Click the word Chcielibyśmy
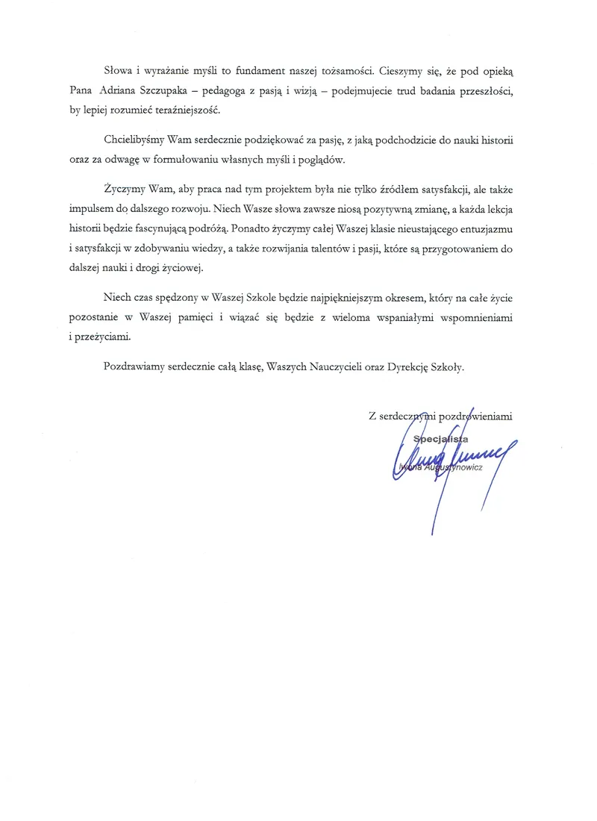coord(134,142)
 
